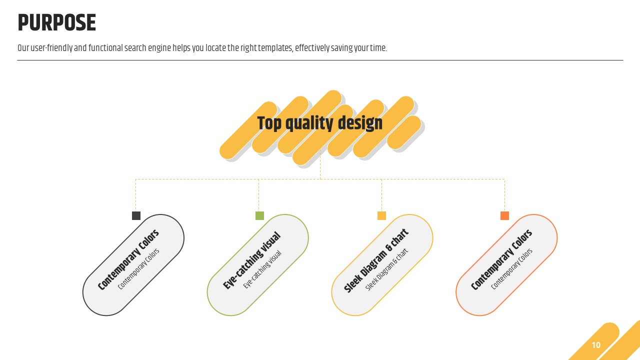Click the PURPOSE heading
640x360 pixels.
click(56, 22)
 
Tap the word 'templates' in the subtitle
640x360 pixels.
click(275, 48)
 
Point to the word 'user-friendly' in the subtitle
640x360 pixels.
click(51, 48)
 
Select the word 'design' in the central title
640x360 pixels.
click(360, 123)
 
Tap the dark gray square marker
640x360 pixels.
click(136, 215)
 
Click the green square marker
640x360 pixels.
click(259, 215)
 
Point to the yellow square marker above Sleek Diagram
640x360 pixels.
click(381, 215)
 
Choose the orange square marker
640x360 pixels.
click(505, 215)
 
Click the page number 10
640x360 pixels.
click(596, 345)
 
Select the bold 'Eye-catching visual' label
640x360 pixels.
click(251, 260)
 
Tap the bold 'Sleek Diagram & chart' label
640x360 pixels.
click(376, 261)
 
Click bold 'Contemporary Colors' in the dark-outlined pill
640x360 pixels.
click(128, 259)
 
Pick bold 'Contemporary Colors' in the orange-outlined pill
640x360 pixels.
click(501, 259)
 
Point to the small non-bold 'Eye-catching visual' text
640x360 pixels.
click(262, 269)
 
